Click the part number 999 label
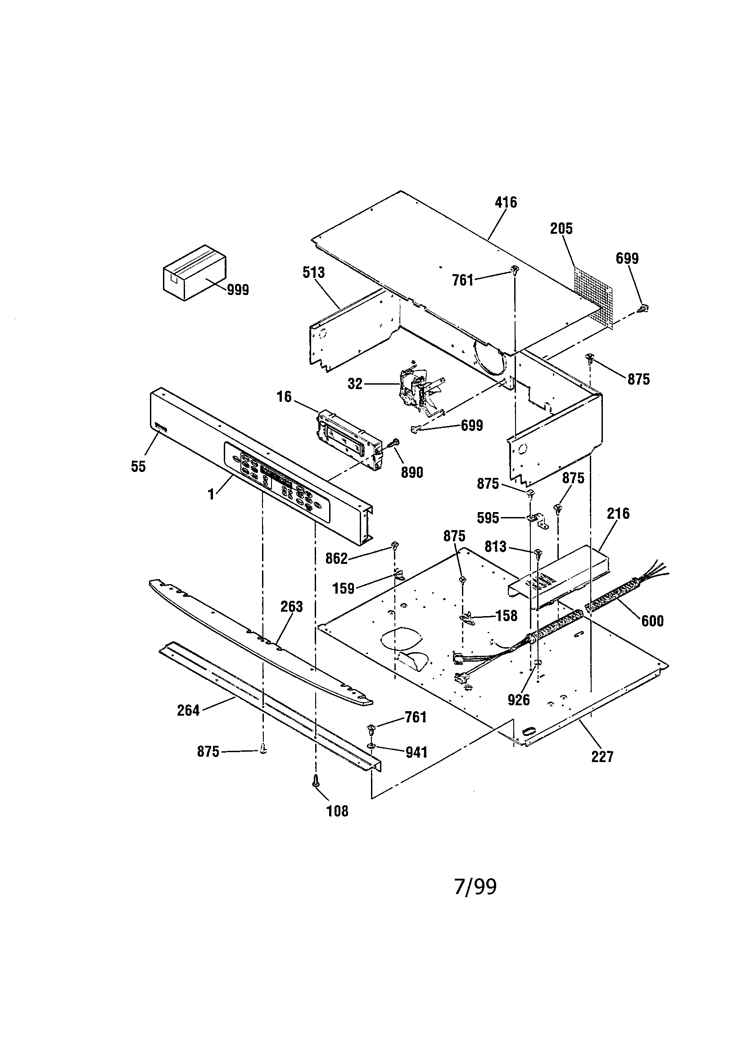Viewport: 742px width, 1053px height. click(x=238, y=290)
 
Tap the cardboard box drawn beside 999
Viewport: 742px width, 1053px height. click(x=195, y=273)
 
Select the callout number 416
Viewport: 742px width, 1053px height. click(x=506, y=202)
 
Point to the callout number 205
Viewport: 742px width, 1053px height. click(x=561, y=229)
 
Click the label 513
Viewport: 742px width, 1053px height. click(x=314, y=273)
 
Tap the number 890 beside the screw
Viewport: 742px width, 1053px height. click(x=412, y=472)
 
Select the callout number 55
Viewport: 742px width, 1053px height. click(x=138, y=467)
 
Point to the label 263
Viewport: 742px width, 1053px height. click(x=292, y=607)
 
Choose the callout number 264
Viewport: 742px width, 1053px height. click(x=188, y=711)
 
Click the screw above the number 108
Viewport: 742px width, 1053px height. click(x=315, y=781)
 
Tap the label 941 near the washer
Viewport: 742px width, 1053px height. click(x=416, y=753)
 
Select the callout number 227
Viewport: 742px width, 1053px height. click(x=602, y=757)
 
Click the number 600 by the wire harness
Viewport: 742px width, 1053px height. click(x=652, y=621)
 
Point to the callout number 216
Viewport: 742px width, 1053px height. click(x=618, y=513)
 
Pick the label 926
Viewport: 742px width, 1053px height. click(x=519, y=700)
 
